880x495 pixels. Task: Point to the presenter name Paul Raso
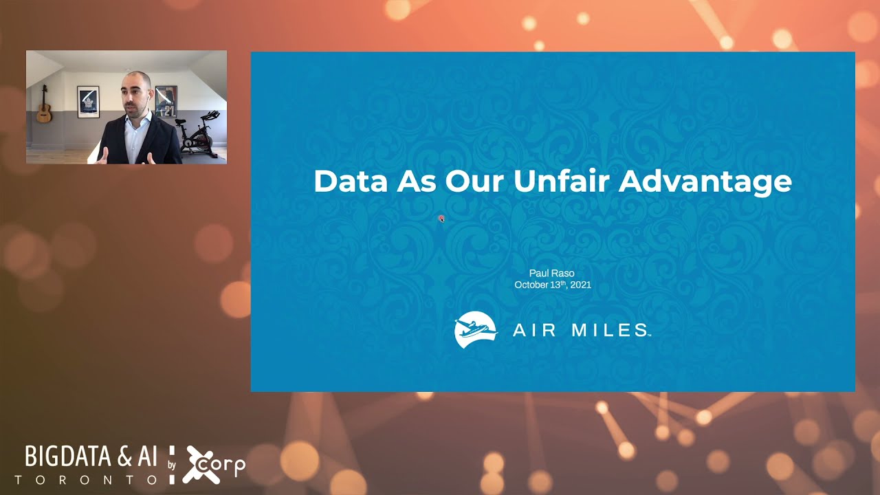click(553, 273)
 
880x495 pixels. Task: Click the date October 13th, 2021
click(553, 285)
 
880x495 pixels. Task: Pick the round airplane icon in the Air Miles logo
click(476, 330)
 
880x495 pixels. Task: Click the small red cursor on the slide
click(441, 219)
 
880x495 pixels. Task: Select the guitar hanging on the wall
click(44, 106)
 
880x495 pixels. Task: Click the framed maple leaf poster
click(88, 102)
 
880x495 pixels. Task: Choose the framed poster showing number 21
click(166, 101)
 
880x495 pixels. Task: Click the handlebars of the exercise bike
click(212, 114)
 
